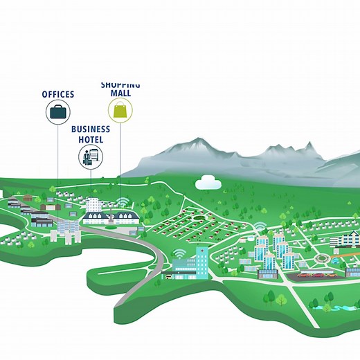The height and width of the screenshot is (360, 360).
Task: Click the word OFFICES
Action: click(58, 93)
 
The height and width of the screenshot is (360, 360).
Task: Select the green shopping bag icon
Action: click(120, 109)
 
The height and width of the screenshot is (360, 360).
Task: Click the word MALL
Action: click(120, 92)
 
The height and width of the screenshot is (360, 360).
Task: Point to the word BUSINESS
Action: click(90, 129)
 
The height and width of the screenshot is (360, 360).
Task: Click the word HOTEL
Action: click(90, 139)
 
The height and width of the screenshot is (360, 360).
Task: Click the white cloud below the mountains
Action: click(207, 182)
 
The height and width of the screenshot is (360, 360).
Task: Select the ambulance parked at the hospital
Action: click(168, 276)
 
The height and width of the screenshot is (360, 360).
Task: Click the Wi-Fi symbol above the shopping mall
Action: click(123, 202)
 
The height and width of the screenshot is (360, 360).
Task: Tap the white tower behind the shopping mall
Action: click(93, 205)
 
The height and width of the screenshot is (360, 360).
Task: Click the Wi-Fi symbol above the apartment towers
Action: click(259, 226)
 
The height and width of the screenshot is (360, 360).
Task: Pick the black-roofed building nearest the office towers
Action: click(40, 220)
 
